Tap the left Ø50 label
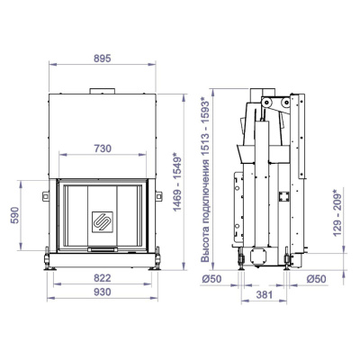tap(212, 280)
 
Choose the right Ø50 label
tap(315, 280)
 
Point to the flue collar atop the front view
tap(101, 90)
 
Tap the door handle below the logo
tap(101, 247)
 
